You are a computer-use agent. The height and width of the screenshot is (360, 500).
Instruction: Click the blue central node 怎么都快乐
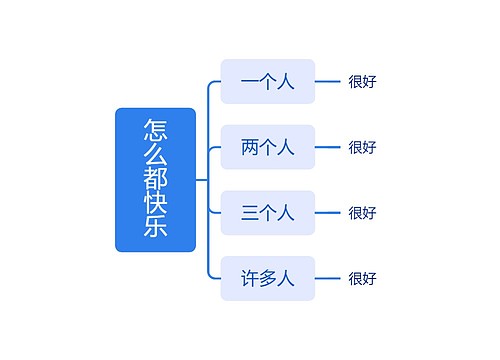155,179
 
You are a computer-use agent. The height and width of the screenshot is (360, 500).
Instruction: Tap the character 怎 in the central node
155,130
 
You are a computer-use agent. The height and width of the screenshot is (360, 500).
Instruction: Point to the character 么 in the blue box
155,155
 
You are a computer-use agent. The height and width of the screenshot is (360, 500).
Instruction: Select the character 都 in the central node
155,180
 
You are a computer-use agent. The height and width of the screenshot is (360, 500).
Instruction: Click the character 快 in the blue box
155,204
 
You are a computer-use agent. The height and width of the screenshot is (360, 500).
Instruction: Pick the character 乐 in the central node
155,228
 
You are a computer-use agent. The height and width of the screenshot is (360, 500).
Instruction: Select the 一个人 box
267,82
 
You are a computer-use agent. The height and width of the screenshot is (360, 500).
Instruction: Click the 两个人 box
267,147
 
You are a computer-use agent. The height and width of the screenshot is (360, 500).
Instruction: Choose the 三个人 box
267,212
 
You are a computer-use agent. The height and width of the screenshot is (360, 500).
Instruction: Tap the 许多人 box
267,278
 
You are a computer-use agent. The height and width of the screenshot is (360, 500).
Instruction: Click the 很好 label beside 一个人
362,82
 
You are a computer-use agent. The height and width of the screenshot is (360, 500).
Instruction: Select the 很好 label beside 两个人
362,147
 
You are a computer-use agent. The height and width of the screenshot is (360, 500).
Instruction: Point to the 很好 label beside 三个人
362,212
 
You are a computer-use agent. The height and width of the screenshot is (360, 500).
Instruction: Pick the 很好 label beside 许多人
362,278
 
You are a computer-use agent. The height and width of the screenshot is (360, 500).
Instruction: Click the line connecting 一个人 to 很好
328,82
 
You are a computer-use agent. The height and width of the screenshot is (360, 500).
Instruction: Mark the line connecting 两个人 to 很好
328,147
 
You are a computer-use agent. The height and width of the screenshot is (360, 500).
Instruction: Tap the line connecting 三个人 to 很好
328,212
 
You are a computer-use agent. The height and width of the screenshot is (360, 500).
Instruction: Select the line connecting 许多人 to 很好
328,278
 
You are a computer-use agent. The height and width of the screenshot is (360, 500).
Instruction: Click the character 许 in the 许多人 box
250,278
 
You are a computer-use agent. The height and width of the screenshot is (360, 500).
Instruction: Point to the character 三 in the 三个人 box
250,212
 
